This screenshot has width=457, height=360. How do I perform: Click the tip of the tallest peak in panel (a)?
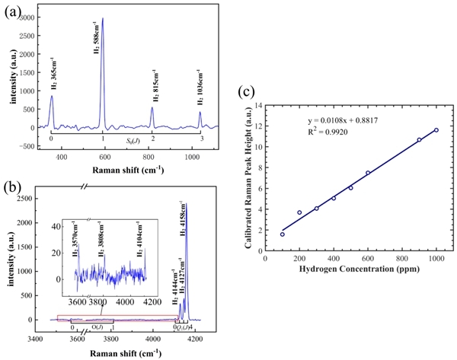pyautogui.click(x=103, y=18)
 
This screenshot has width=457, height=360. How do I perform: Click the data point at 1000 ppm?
pyautogui.click(x=436, y=130)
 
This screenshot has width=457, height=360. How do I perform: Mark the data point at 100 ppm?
pyautogui.click(x=283, y=234)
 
